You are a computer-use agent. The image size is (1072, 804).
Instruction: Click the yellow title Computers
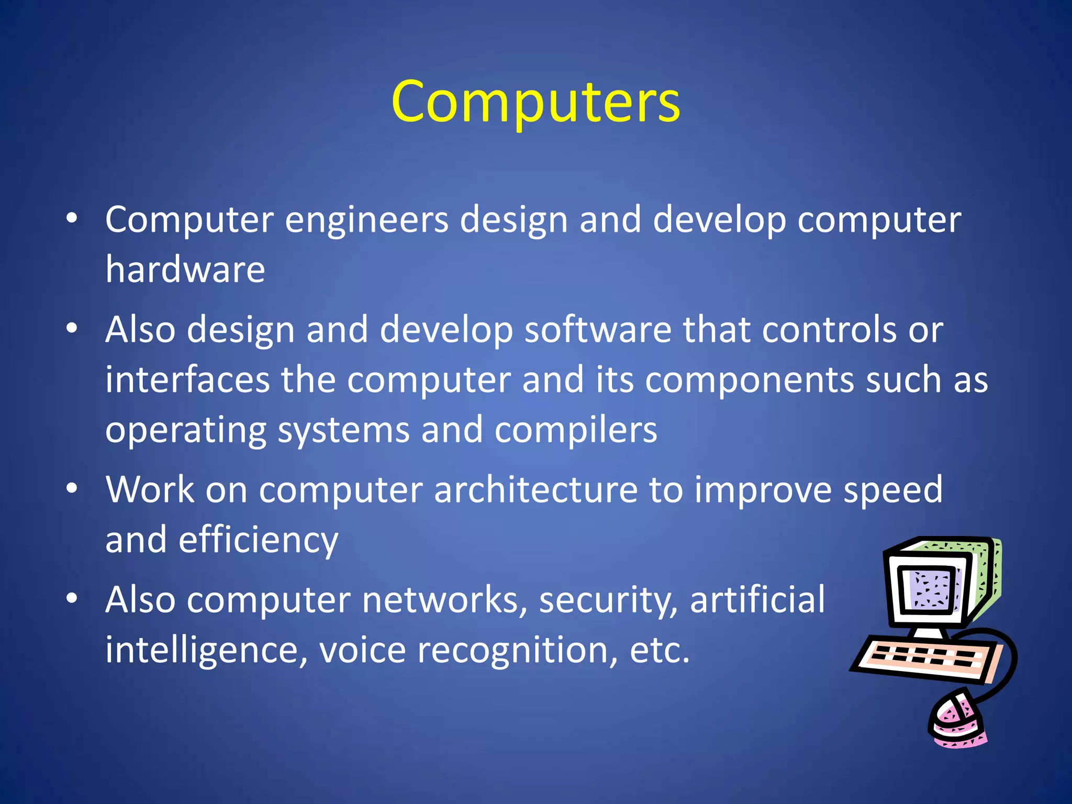click(x=535, y=102)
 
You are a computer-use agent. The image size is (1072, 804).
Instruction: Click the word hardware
click(x=185, y=270)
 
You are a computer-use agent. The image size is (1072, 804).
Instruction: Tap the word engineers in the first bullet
click(x=366, y=219)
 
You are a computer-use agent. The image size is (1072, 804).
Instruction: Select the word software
click(x=598, y=330)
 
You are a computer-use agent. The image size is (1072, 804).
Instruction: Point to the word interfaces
click(x=187, y=379)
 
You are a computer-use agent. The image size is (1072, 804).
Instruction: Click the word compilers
click(x=576, y=430)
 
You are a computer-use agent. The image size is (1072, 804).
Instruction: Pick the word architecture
click(x=535, y=490)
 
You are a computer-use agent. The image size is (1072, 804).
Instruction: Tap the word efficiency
click(x=259, y=540)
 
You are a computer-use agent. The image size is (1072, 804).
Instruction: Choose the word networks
click(x=444, y=599)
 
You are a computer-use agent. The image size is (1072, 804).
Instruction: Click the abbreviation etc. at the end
click(x=660, y=650)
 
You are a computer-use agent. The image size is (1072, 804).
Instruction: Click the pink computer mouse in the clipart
click(x=956, y=720)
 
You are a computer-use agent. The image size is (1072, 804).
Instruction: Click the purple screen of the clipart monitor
click(x=930, y=588)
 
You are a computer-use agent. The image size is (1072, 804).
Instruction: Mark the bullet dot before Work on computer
click(x=72, y=488)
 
